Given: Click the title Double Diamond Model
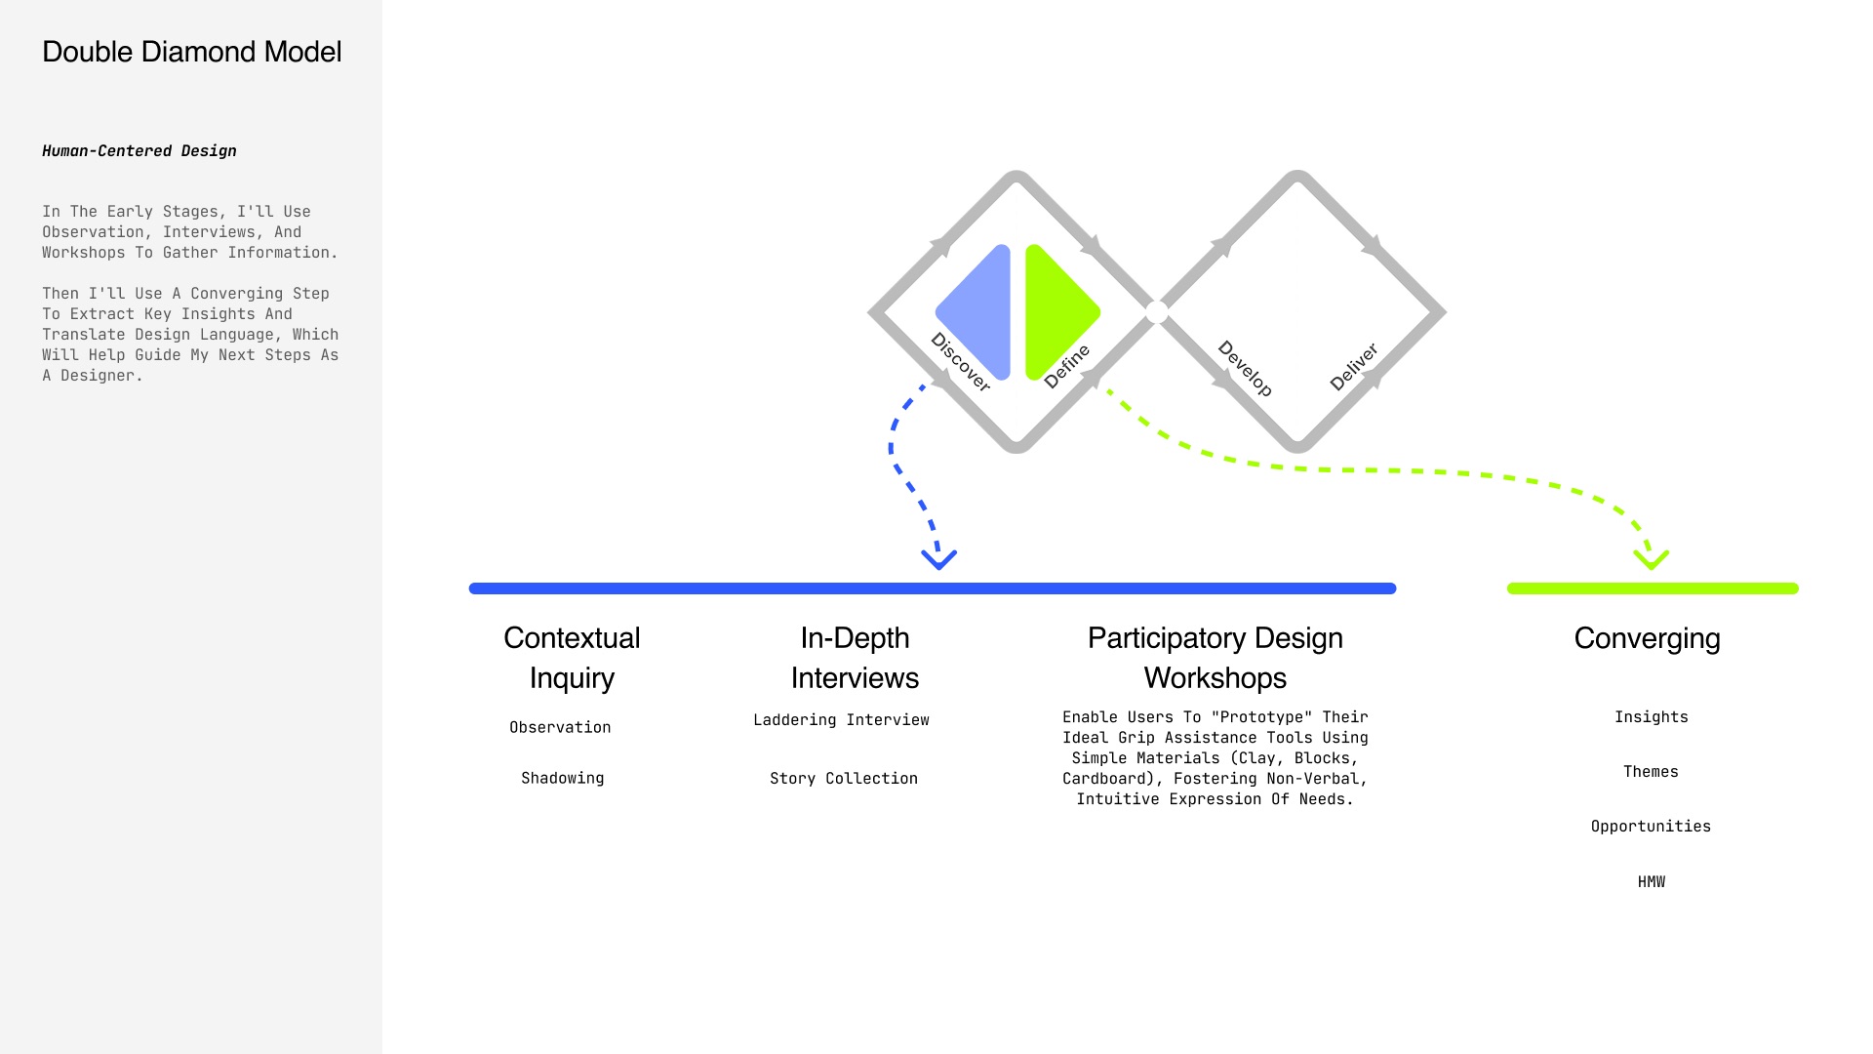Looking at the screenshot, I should coord(192,52).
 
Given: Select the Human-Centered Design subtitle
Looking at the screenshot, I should coord(139,150).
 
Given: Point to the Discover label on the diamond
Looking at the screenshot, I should coord(961,362).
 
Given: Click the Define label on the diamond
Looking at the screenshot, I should coord(1066,366).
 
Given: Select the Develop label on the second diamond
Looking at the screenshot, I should coord(1245,368).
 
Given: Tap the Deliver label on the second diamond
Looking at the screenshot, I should coord(1354,367).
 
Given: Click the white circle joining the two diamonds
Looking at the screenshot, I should coord(1157,312).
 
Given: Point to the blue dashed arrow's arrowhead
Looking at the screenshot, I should coord(939,559).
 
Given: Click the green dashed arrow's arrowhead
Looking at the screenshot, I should coord(1652,559).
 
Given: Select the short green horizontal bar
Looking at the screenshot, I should coord(1653,588).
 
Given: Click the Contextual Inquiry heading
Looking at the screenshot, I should coord(572,658).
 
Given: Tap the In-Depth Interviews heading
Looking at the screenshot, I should coord(855,658).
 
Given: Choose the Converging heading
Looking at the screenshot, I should coord(1647,638).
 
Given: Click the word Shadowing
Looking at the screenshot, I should coord(563,778).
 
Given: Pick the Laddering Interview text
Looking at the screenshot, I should coord(841,720).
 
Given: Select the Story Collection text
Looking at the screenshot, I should coord(844,779).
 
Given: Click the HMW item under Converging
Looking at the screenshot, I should coord(1652,882).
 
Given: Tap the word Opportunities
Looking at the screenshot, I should coord(1651,827).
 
